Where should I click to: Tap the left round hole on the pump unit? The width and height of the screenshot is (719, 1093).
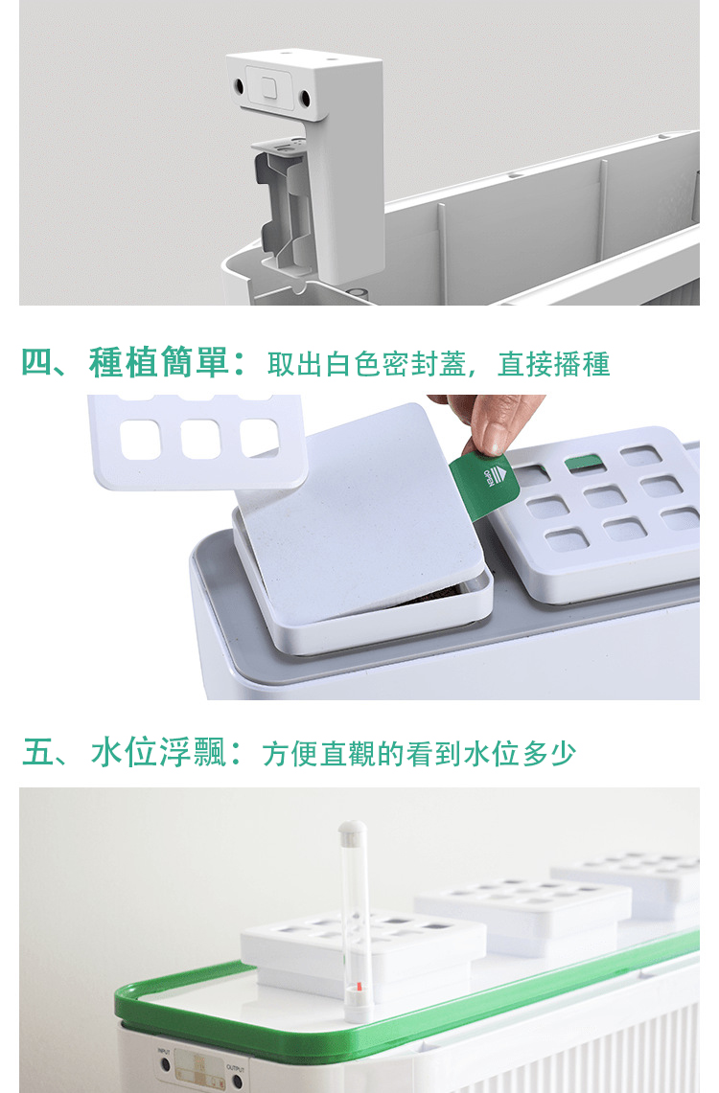[x=238, y=86]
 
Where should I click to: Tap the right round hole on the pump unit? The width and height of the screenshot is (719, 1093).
[x=305, y=98]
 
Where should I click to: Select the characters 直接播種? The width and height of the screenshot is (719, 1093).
[x=554, y=364]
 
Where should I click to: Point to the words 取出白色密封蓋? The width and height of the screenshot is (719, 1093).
[x=367, y=364]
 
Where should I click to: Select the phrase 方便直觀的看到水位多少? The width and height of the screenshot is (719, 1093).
[x=420, y=754]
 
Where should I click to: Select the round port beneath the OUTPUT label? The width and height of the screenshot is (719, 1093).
[x=238, y=1082]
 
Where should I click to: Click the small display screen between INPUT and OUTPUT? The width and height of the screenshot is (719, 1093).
[x=199, y=1068]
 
